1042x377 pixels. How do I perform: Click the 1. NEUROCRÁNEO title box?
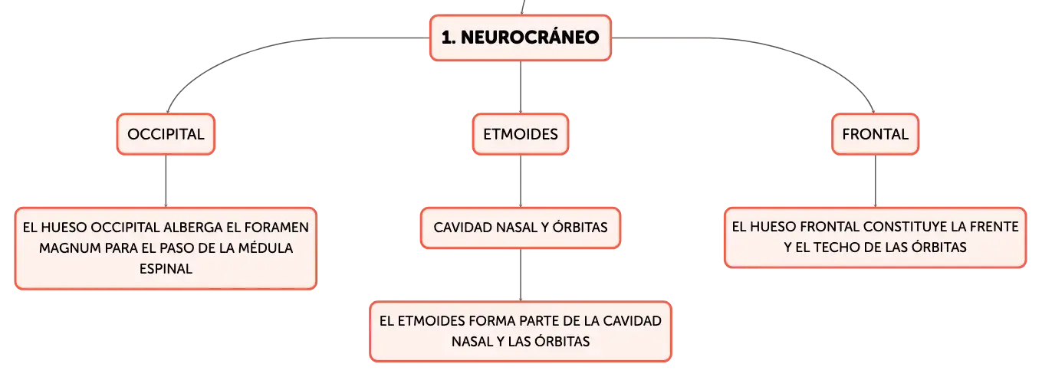pos(520,38)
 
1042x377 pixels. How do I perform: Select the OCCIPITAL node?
pos(166,134)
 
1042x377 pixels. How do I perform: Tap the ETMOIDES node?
pos(521,134)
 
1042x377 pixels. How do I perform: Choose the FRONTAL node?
pos(875,134)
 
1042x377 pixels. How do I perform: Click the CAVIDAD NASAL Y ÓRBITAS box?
pos(521,228)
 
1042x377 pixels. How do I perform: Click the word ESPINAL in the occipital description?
pos(166,269)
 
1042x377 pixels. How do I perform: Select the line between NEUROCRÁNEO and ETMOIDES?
pos(521,87)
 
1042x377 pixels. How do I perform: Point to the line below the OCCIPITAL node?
pos(166,182)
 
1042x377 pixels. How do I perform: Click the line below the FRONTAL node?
pos(875,182)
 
